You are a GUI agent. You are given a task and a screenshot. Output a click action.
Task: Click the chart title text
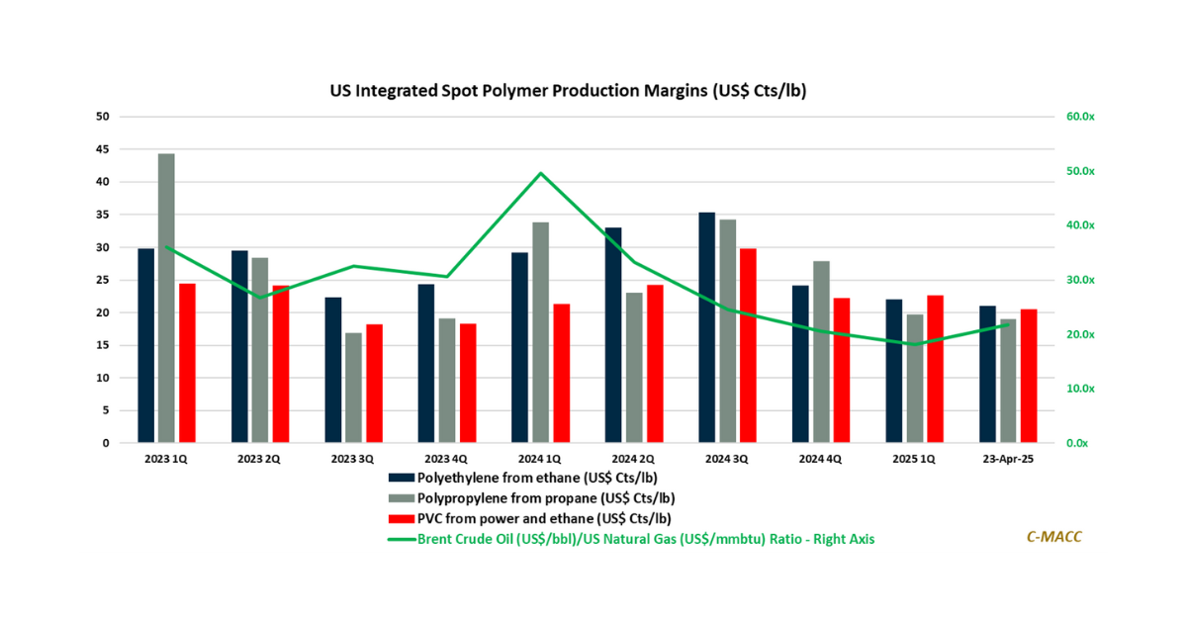pyautogui.click(x=568, y=91)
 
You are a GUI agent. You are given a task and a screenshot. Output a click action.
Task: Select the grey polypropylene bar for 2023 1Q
pyautogui.click(x=166, y=298)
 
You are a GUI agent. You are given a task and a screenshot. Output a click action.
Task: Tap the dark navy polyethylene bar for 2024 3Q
pyautogui.click(x=706, y=327)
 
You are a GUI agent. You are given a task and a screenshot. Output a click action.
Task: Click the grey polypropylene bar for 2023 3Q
pyautogui.click(x=353, y=388)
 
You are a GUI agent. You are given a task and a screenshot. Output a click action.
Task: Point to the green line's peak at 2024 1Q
pyautogui.click(x=540, y=173)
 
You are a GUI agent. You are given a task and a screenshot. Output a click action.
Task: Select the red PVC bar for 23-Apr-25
pyautogui.click(x=1029, y=376)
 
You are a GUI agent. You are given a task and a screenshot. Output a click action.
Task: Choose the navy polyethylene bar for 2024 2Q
pyautogui.click(x=613, y=335)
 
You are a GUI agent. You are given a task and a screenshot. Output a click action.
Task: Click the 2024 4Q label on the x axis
pyautogui.click(x=820, y=460)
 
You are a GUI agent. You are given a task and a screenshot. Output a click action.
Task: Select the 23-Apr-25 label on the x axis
pyautogui.click(x=1007, y=460)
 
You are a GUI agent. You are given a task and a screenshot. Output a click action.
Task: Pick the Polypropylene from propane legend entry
pyautogui.click(x=547, y=497)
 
